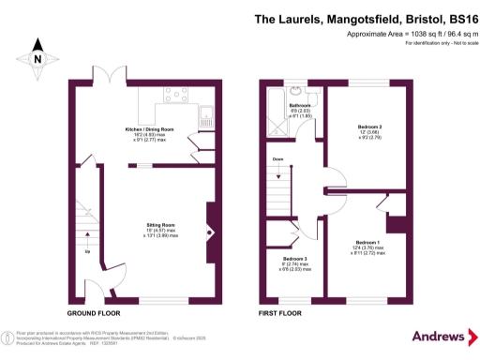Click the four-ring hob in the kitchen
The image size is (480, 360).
(175, 95)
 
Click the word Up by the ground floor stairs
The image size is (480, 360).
(88, 251)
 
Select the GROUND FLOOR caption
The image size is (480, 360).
(94, 313)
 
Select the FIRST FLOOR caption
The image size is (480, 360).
(281, 313)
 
